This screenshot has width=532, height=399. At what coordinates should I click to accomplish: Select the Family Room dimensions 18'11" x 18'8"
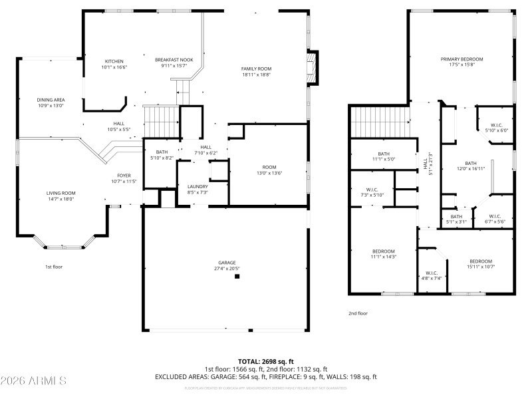(256, 74)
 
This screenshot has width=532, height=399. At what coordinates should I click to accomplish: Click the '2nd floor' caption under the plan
(357, 313)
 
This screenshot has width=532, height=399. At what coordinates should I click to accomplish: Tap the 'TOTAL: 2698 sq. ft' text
(265, 362)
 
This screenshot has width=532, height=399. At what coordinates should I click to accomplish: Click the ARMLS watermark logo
(33, 381)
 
